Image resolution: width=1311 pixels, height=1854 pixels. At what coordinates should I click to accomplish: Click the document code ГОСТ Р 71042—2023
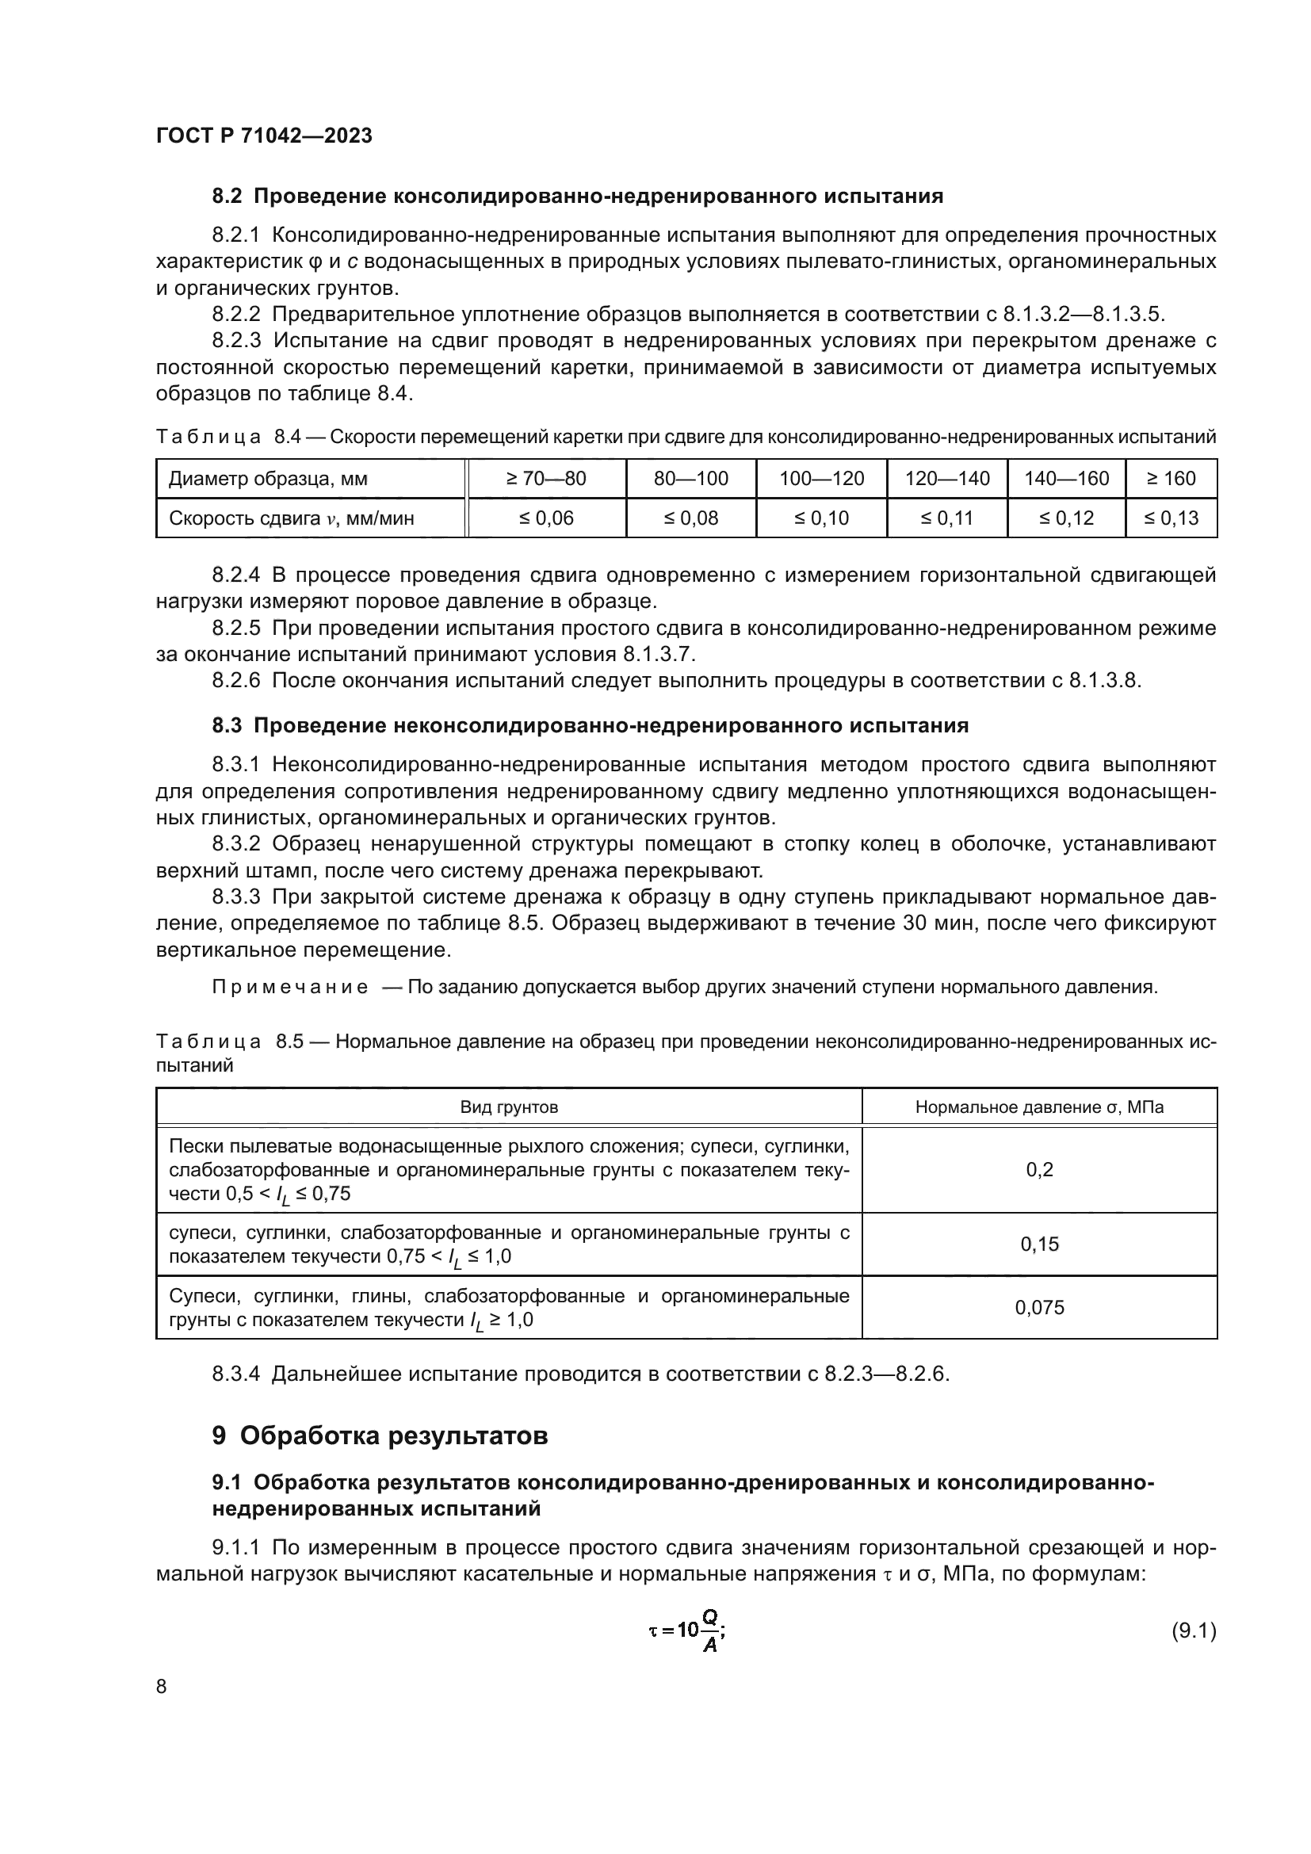tap(264, 136)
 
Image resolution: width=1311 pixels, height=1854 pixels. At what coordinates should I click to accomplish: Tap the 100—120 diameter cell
tap(821, 478)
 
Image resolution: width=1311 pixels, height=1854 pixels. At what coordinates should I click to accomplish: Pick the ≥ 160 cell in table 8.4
tap(1171, 478)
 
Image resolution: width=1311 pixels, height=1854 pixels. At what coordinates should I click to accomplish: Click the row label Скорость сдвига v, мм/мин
tap(291, 518)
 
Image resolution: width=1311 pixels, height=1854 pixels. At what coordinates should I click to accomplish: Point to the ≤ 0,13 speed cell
tap(1171, 518)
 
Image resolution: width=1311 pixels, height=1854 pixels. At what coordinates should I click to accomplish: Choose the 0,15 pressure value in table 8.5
tap(1039, 1244)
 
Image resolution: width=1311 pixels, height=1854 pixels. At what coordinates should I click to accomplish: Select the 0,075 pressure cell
tap(1039, 1306)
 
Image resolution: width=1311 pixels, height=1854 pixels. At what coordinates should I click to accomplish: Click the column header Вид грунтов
tap(509, 1107)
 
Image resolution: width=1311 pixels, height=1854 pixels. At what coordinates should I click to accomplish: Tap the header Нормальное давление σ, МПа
tap(1039, 1107)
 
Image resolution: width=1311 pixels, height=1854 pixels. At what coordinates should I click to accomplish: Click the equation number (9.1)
tap(1193, 1631)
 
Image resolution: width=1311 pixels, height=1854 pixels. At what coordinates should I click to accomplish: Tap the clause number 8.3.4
tap(235, 1374)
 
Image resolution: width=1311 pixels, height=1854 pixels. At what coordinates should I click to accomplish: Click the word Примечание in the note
tap(290, 987)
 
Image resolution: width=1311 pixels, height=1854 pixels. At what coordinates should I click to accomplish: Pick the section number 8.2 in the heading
tap(227, 197)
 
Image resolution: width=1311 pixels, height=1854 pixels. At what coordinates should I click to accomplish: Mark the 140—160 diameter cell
tap(1065, 478)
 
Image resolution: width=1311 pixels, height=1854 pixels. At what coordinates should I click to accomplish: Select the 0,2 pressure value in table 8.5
tap(1039, 1169)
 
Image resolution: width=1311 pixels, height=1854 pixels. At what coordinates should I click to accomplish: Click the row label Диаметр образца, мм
tap(267, 478)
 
